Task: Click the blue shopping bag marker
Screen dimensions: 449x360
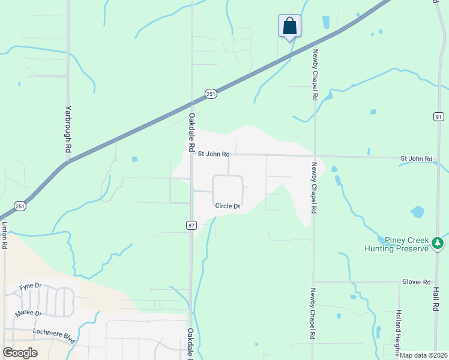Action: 289,26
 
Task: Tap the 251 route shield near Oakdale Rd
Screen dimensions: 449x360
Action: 210,94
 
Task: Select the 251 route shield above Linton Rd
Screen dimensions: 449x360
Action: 20,206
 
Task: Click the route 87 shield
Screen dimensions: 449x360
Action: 191,225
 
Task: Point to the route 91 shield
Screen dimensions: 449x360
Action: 439,116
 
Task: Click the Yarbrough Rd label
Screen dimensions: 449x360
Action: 68,131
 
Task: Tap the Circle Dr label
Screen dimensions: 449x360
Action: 228,206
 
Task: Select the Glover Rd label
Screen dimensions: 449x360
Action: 417,281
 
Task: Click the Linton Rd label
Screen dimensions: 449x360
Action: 5,236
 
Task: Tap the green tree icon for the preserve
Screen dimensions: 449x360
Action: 438,244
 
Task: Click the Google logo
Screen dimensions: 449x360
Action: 20,352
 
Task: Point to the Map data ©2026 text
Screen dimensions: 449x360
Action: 423,355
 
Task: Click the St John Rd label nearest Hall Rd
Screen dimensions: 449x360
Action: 417,158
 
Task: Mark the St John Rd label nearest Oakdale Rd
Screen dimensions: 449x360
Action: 214,154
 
